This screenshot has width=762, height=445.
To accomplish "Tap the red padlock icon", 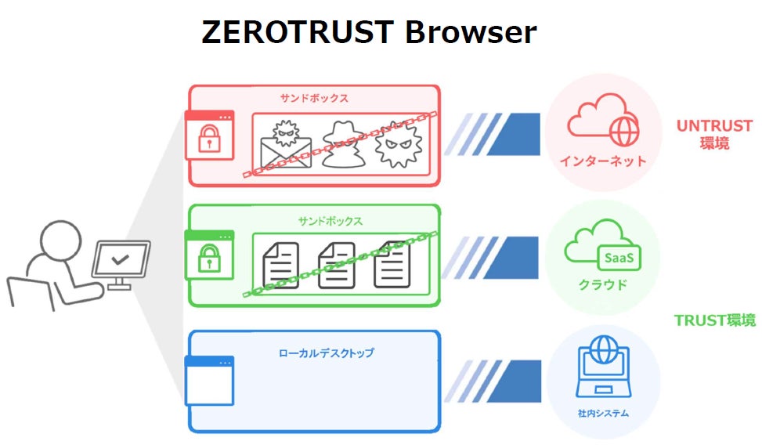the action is point(209,139).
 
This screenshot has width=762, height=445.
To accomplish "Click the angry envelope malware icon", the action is point(286,145).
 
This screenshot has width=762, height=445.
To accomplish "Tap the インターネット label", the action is point(603,161).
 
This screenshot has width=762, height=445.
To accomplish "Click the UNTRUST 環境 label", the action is point(714,134).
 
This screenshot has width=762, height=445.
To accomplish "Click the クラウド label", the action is point(601,284).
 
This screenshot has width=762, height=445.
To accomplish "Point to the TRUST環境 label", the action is point(714,320).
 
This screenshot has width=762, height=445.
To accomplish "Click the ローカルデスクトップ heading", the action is point(327,353).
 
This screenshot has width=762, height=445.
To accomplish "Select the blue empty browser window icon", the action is point(209,381).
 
